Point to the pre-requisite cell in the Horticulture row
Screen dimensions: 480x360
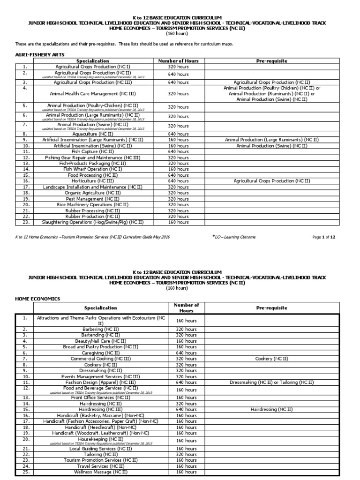[x=271, y=180]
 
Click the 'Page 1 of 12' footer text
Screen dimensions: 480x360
[x=324, y=237]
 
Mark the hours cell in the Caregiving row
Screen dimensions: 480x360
[x=186, y=352]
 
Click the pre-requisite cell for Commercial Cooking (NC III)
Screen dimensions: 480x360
[x=271, y=358]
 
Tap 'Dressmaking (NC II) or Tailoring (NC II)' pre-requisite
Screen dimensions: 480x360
[x=271, y=382]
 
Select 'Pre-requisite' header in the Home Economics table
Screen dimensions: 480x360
[x=271, y=308]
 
